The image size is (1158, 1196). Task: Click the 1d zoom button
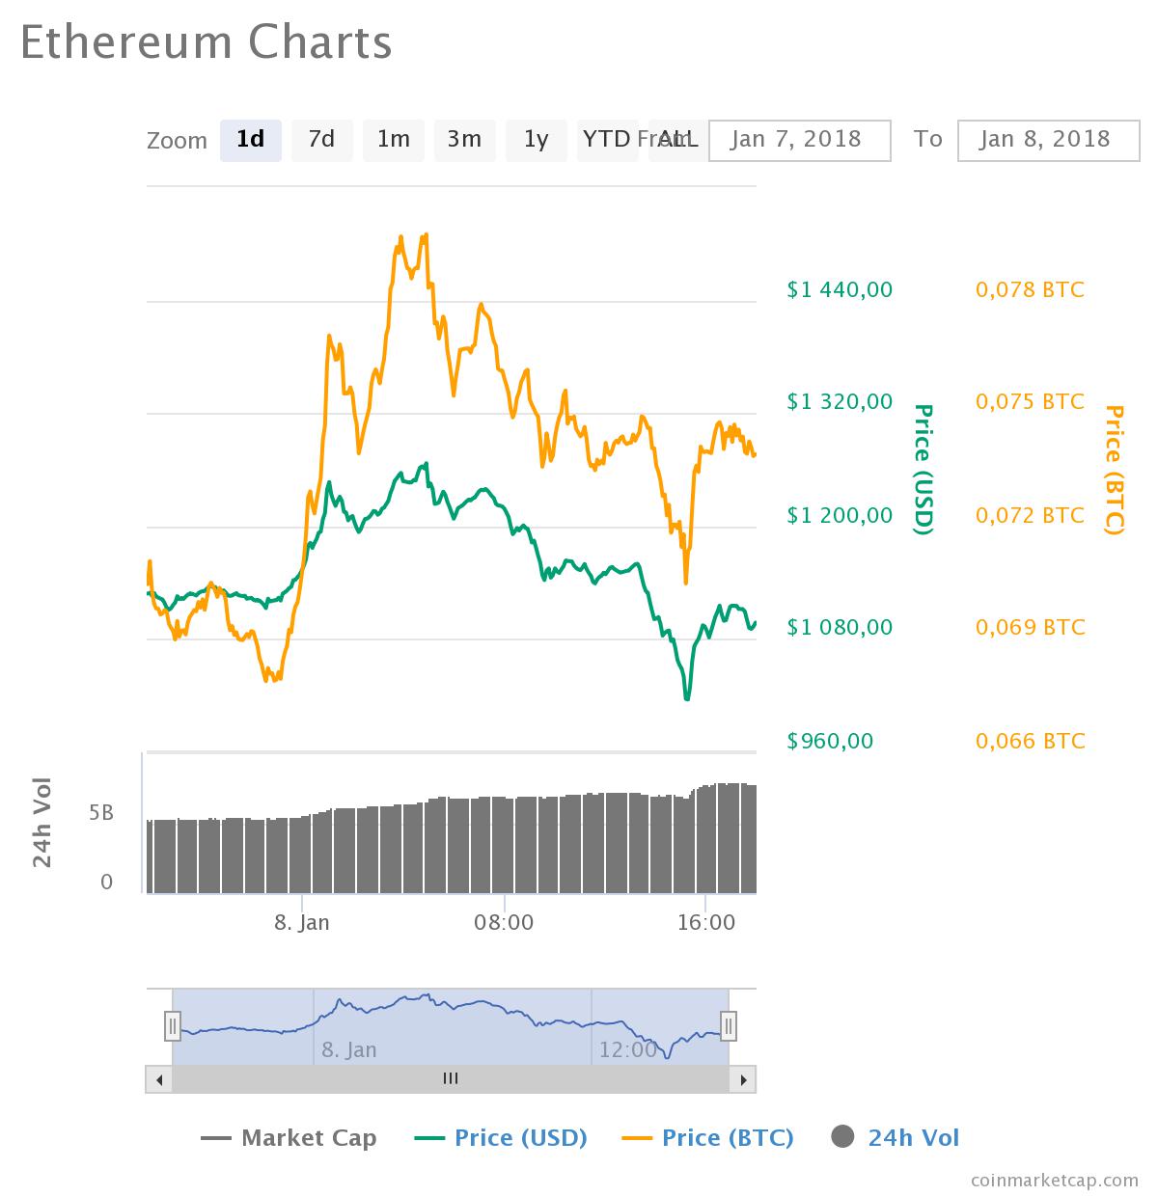click(250, 140)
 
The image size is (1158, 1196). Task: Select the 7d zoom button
click(321, 140)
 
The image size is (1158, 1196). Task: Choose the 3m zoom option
click(464, 140)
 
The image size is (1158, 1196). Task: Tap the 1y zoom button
click(536, 140)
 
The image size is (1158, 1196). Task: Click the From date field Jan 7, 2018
click(799, 140)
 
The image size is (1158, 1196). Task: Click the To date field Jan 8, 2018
click(1048, 140)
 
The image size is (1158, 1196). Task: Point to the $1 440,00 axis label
click(840, 289)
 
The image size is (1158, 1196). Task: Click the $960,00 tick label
click(830, 741)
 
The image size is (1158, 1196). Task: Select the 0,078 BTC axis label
click(1030, 289)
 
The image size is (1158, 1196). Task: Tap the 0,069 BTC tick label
click(1030, 627)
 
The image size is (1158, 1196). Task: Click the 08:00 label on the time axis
click(504, 922)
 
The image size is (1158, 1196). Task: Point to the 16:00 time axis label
click(706, 922)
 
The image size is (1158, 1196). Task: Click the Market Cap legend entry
click(289, 1138)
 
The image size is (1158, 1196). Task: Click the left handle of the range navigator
click(172, 1025)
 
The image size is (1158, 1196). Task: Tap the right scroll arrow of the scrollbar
click(742, 1079)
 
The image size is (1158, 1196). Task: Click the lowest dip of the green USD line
click(687, 697)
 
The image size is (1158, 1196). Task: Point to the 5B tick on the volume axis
click(101, 813)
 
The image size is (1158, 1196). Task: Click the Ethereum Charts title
click(206, 42)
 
